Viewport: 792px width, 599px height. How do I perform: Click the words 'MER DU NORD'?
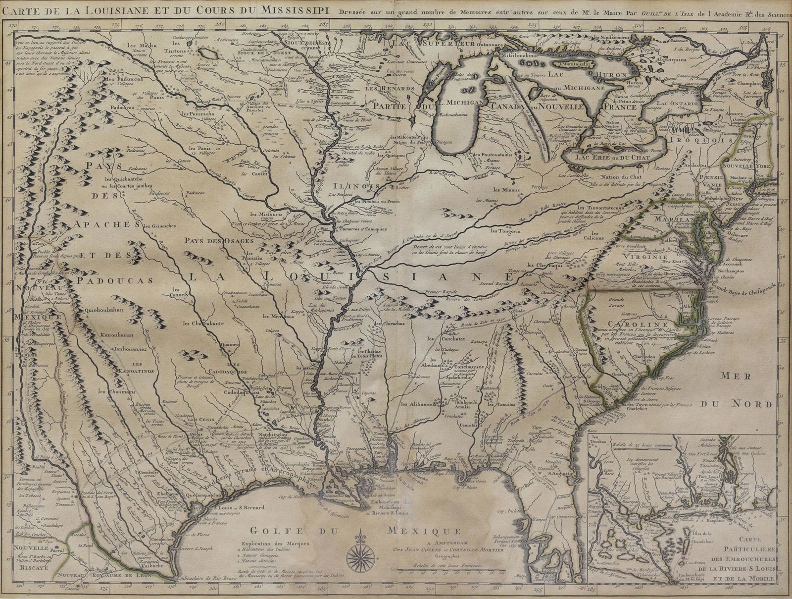pos(745,389)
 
